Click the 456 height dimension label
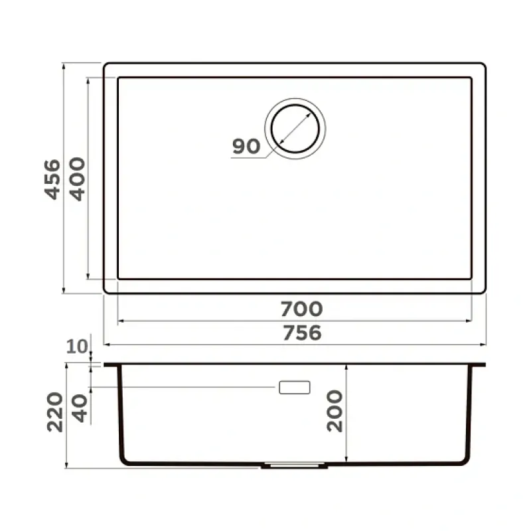coord(52,179)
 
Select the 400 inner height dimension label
coord(77,179)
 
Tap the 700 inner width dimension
coord(301,309)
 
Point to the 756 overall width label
coord(302,333)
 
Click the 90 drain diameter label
coord(246,146)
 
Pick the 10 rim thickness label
coord(77,346)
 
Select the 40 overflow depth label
coord(80,409)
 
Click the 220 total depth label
coord(55,412)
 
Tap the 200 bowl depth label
coord(335,411)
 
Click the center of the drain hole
coord(295,129)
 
